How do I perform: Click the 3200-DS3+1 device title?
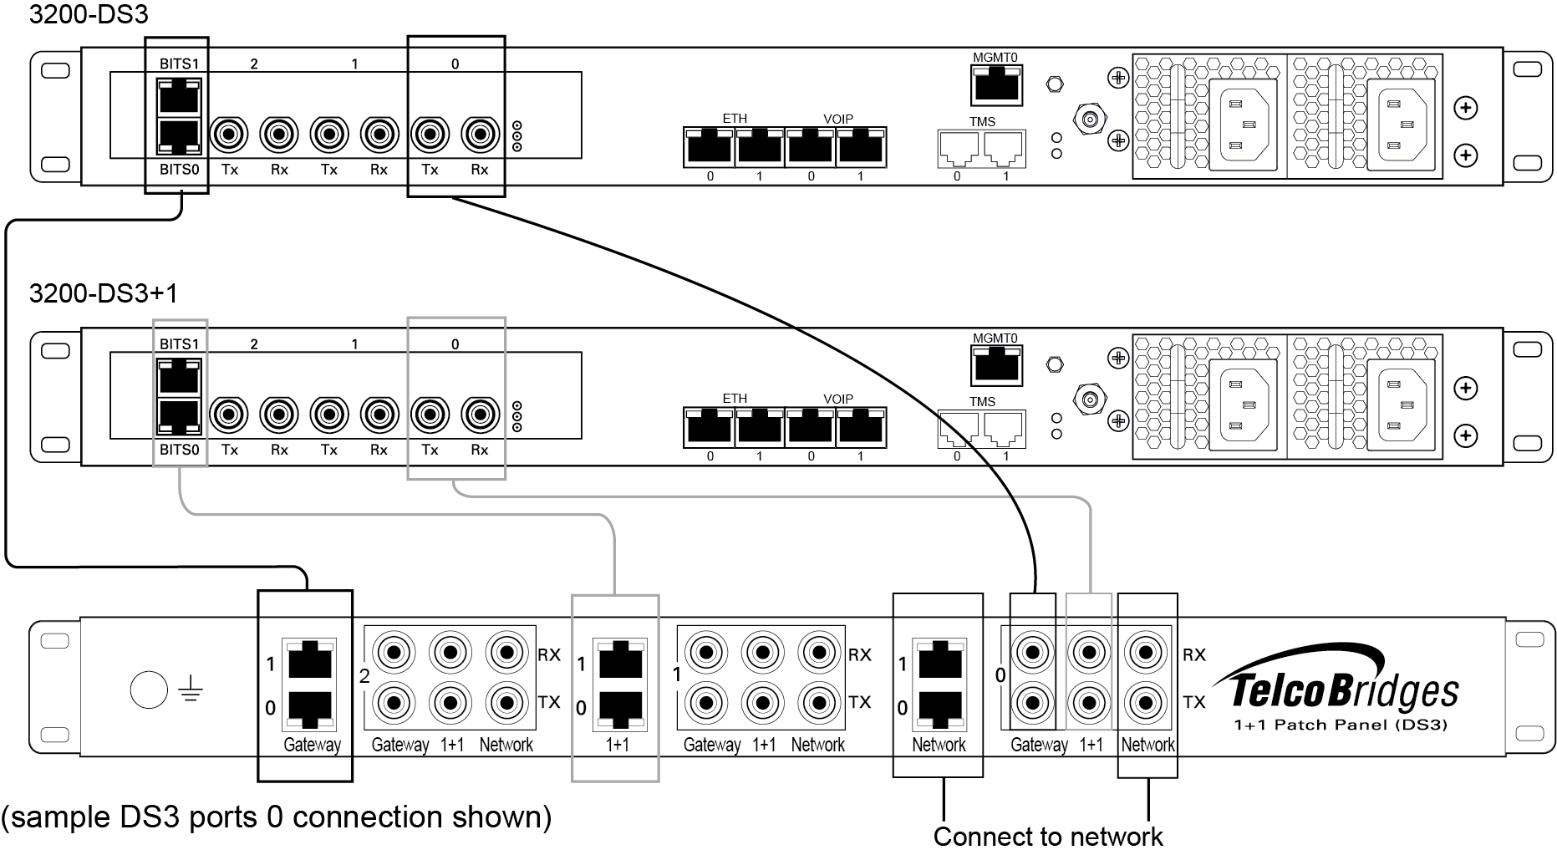pos(103,293)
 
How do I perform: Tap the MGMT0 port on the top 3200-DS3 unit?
pos(997,85)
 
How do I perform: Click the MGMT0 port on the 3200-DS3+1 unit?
pos(997,365)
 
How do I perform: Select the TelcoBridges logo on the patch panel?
pos(1346,690)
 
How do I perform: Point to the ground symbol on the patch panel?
pos(191,690)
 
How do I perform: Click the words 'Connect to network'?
pos(1048,837)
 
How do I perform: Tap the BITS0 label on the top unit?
pos(179,169)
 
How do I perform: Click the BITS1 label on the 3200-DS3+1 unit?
pos(179,344)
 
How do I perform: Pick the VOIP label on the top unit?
pos(837,119)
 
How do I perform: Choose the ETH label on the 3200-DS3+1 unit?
pos(735,399)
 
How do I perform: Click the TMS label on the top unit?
pos(982,121)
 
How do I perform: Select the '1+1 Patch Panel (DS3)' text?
pos(1340,725)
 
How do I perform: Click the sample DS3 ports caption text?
pos(277,817)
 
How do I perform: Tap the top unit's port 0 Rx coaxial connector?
pos(480,133)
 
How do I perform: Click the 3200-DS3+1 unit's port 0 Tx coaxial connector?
pos(430,414)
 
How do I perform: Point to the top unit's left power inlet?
pos(1245,125)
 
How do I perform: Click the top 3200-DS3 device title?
pos(89,13)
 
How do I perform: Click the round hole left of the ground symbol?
pos(150,690)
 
